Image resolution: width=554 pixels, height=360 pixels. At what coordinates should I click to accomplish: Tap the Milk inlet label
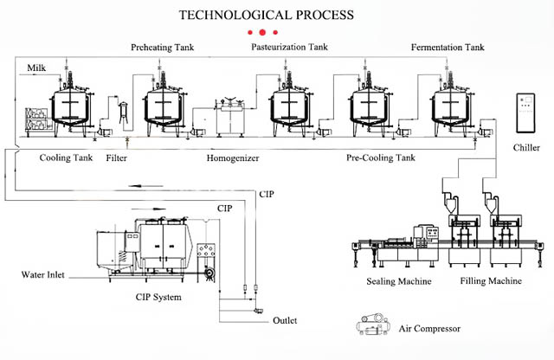36,67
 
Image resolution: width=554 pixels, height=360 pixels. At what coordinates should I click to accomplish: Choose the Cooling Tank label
66,158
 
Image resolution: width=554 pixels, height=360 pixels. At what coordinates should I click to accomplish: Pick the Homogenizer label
233,158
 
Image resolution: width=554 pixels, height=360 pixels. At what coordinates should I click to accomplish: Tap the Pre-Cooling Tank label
380,158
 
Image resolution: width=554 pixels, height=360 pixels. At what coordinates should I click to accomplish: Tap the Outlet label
285,320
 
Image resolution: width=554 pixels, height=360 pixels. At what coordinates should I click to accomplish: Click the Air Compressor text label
430,329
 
